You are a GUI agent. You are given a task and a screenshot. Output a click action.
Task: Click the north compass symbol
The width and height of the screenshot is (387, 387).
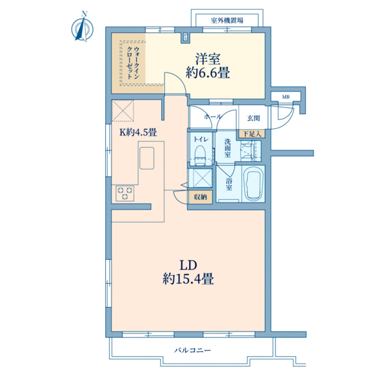[x=83, y=28]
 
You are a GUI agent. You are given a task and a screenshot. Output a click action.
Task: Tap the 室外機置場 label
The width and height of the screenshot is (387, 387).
[x=227, y=20]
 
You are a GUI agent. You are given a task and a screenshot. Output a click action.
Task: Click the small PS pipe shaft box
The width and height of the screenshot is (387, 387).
[x=185, y=37]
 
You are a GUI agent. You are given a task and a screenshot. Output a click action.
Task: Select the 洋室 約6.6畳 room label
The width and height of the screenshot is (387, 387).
[x=208, y=66]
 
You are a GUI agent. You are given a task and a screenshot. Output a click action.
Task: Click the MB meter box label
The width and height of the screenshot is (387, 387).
[x=286, y=97]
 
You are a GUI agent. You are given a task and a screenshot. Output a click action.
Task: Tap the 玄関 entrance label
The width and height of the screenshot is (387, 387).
[x=253, y=118]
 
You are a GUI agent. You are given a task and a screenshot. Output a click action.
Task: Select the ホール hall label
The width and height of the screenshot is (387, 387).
[x=213, y=117]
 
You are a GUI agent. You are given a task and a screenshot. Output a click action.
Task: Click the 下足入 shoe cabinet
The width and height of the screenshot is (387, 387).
[x=252, y=134]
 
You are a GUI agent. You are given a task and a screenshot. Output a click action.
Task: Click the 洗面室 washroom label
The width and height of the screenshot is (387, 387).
[x=228, y=148]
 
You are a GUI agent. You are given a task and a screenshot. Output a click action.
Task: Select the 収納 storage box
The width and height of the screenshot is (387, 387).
[x=200, y=197]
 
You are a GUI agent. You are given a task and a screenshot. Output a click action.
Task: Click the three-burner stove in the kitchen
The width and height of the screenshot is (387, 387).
[x=125, y=193]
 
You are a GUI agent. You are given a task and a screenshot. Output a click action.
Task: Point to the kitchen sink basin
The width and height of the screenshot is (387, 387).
[x=146, y=158]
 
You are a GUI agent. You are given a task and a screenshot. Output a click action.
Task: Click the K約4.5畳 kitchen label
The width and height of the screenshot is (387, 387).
[x=138, y=132]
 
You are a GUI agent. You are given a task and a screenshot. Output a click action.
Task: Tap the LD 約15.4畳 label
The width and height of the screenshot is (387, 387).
[x=188, y=272]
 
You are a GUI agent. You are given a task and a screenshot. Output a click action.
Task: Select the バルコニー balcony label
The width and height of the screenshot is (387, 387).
[x=192, y=350]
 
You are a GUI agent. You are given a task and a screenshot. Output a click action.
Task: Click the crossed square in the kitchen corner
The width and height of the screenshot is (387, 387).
[x=123, y=110]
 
